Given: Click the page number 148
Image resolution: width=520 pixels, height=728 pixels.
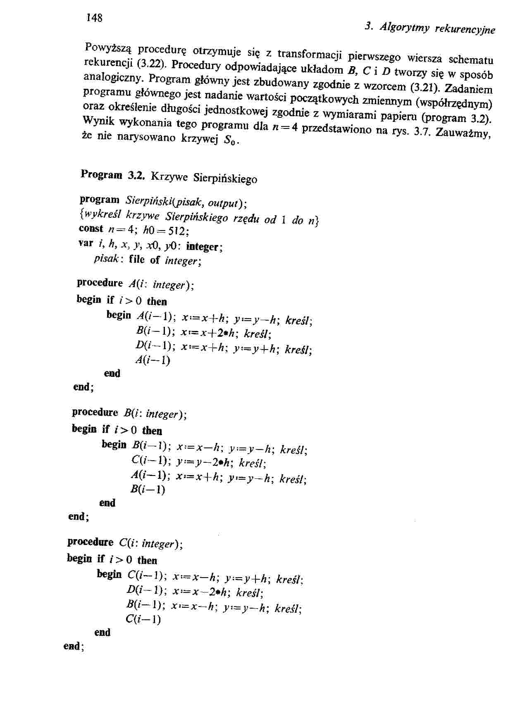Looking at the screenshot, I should coord(94,18).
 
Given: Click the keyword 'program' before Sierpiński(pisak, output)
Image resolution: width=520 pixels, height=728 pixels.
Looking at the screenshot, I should coord(99,200).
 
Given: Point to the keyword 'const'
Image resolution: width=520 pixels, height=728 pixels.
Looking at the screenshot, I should coord(91,228).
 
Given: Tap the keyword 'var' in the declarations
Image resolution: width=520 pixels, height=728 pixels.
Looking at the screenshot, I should coord(86,243).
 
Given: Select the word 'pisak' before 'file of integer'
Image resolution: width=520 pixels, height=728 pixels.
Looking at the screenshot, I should coord(107,259).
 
